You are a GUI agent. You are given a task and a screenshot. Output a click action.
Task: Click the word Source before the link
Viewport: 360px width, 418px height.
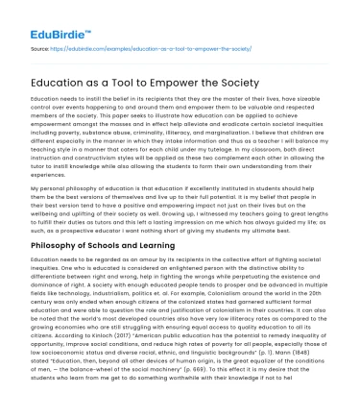(43, 47)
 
